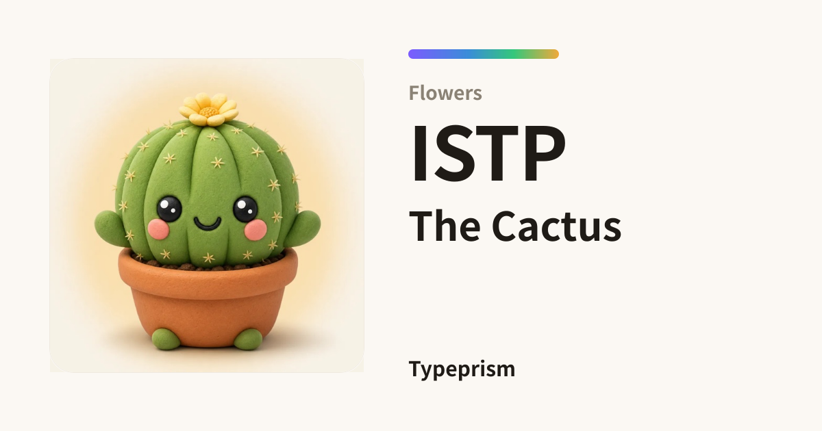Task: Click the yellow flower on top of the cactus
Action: [x=208, y=109]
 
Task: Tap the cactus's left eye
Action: [x=169, y=209]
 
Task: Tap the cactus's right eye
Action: [x=245, y=209]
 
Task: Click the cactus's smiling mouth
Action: [x=208, y=223]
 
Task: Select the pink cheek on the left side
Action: [x=158, y=229]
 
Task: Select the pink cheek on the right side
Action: [x=256, y=230]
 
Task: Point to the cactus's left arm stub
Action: [x=109, y=228]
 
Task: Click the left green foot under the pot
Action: [x=166, y=339]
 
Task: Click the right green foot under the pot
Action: [x=249, y=339]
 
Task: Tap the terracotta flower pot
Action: [x=208, y=297]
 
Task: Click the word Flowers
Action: [x=445, y=93]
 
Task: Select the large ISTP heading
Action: [x=488, y=153]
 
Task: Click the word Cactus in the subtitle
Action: [x=556, y=226]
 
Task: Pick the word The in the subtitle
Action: [x=445, y=226]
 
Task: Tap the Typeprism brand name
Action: [x=462, y=369]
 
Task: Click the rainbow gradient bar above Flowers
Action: [x=484, y=54]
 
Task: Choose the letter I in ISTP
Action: [x=419, y=153]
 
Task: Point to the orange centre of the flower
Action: [x=209, y=112]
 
